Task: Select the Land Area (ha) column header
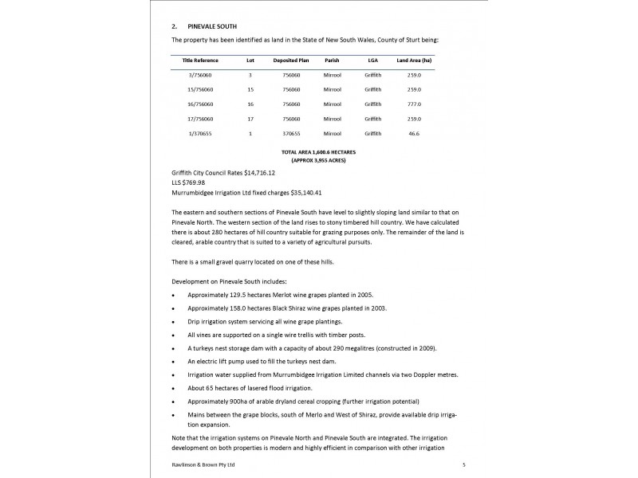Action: pos(414,60)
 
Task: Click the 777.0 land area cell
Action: pos(414,104)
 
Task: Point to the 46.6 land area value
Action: pos(414,133)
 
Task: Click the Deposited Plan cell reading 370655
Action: pos(290,133)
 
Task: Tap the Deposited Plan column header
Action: pos(290,60)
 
